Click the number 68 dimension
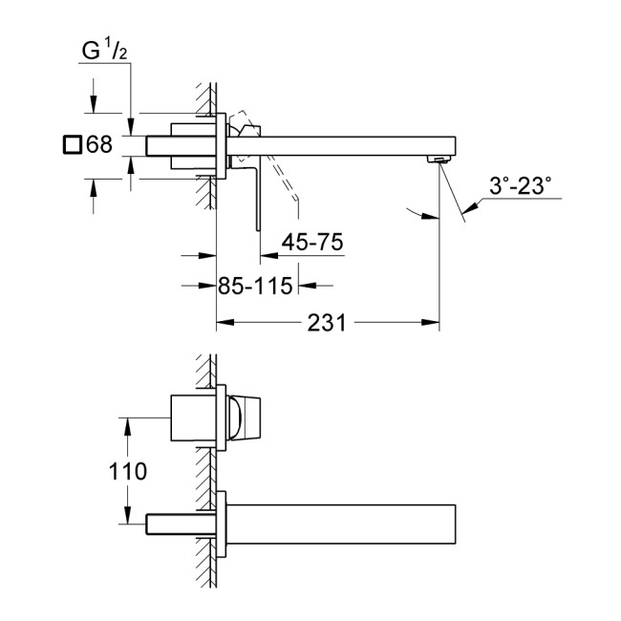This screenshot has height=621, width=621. pyautogui.click(x=99, y=145)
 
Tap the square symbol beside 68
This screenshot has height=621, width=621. pyautogui.click(x=71, y=145)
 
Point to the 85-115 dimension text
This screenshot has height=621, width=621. pyautogui.click(x=254, y=286)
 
